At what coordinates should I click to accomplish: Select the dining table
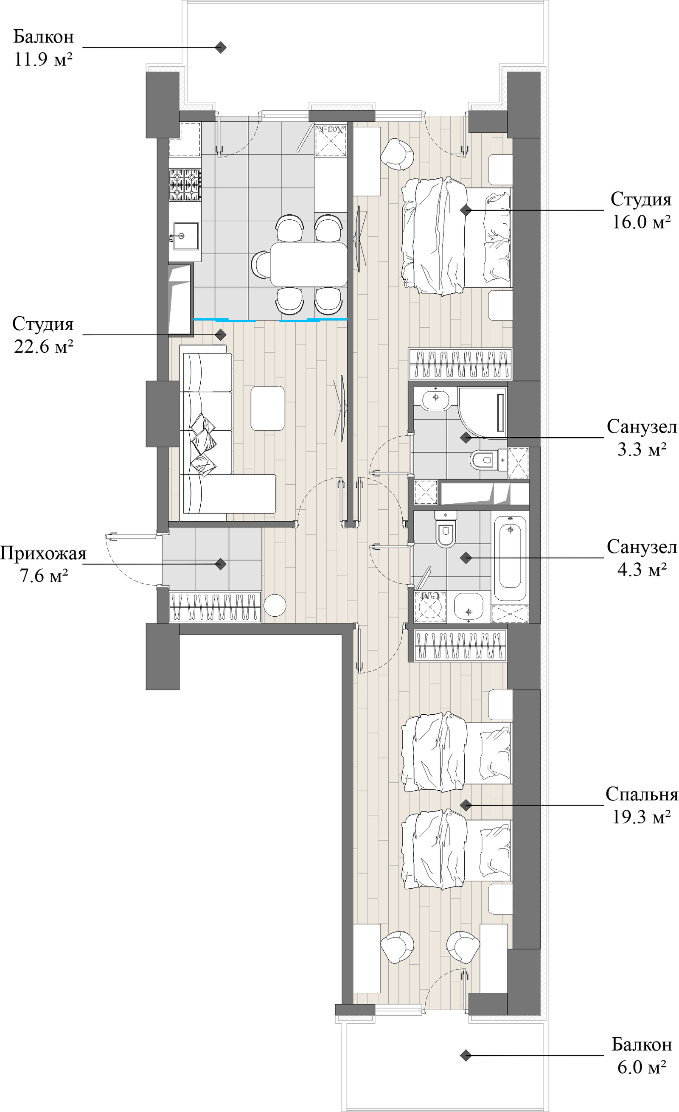(x=309, y=264)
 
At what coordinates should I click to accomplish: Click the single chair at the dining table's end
(x=260, y=265)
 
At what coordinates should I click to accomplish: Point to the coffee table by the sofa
(x=267, y=408)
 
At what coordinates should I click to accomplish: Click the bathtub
(x=510, y=558)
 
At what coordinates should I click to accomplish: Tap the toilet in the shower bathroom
(x=485, y=460)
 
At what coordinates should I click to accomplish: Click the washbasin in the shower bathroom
(x=436, y=398)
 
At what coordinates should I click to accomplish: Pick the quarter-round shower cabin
(x=482, y=412)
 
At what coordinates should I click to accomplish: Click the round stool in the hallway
(x=274, y=606)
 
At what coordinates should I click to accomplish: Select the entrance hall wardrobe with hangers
(x=215, y=607)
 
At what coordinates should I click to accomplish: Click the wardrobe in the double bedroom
(x=460, y=364)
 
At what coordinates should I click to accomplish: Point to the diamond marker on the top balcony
(x=221, y=48)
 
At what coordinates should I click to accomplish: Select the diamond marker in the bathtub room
(x=466, y=558)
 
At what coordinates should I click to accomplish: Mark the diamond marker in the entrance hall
(x=221, y=564)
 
